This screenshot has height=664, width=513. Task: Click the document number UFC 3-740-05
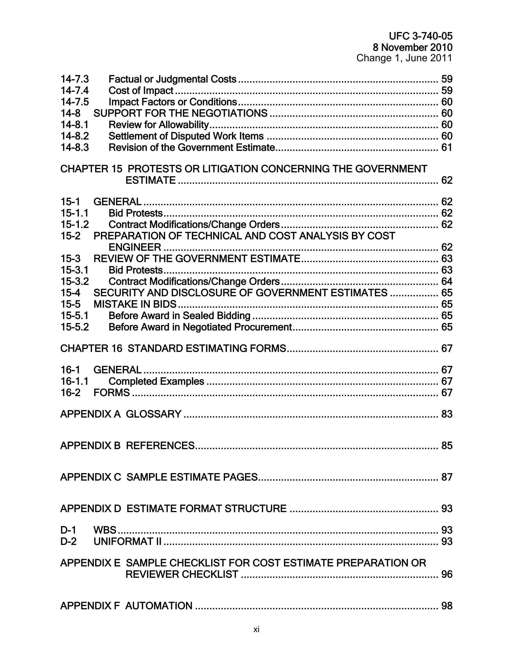coord(420,36)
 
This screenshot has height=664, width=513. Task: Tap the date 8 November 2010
coord(412,47)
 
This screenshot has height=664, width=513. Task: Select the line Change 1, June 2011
coord(404,58)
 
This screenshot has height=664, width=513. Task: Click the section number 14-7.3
coord(75,79)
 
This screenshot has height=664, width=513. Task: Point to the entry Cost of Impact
coord(141,91)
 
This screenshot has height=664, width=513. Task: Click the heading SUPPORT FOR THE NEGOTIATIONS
coord(180,114)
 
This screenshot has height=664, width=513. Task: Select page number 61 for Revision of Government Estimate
coord(446,148)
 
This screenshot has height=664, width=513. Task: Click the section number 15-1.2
coord(75,225)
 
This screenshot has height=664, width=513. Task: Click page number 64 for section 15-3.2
coord(446,282)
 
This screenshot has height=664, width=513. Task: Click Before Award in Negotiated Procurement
coord(200,327)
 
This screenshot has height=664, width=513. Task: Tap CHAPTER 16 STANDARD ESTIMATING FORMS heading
coord(173,349)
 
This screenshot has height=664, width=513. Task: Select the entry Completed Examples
coord(156,381)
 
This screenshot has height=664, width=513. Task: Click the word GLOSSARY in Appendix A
coord(154,414)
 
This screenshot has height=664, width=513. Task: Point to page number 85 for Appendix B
coord(446,446)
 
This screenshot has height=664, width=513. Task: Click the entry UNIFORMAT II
coord(127,541)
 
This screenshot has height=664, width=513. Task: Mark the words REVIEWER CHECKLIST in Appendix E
coord(182,574)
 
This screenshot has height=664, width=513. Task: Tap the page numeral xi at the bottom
coord(256,629)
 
